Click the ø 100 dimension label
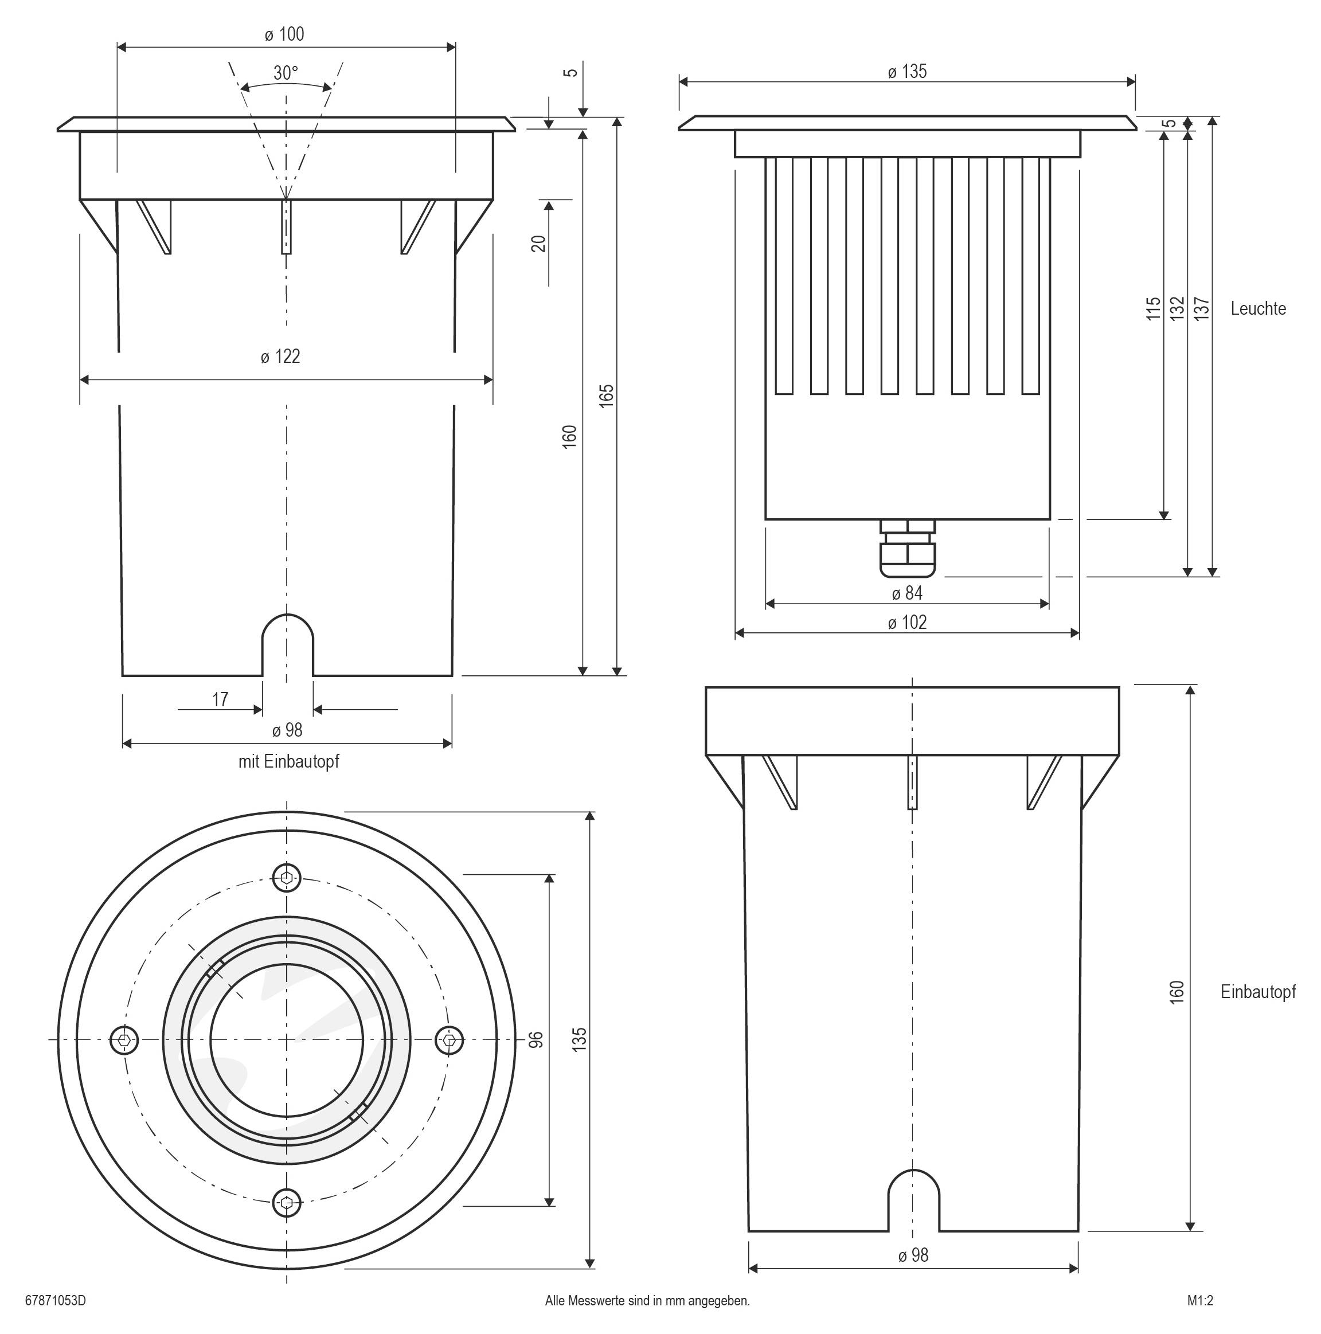[284, 34]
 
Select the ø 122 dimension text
[280, 356]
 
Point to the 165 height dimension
[606, 395]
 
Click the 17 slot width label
[220, 699]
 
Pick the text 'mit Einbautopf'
[288, 762]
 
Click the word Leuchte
[1257, 308]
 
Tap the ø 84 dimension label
[906, 593]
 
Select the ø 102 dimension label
[906, 622]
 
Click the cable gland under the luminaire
[908, 549]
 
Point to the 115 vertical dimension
[1153, 308]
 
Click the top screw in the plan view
[287, 878]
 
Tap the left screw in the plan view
[124, 1039]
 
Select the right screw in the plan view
[450, 1039]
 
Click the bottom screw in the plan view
[287, 1202]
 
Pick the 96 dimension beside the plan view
[536, 1039]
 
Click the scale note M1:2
[1200, 1300]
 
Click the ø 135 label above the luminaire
[906, 72]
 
